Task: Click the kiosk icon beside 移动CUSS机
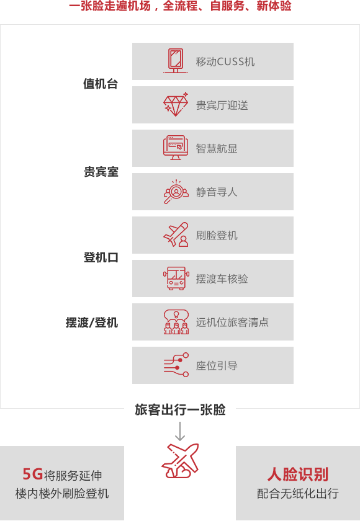coord(176,61)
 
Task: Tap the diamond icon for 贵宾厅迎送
coord(176,104)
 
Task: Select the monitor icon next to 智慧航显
coord(176,148)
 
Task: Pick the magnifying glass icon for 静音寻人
coord(176,192)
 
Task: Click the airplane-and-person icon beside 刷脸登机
coord(176,234)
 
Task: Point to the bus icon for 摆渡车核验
coord(176,278)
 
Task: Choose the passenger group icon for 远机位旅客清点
coord(176,322)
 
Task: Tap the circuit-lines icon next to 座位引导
coord(176,365)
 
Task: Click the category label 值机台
coord(101,84)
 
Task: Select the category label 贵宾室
coord(101,172)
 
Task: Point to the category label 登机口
coord(101,257)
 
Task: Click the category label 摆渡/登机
coord(92,323)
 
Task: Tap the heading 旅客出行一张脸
coord(180,410)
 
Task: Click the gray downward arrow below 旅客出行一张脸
coord(180,431)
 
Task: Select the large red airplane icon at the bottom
coord(180,461)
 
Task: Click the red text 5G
coord(32,474)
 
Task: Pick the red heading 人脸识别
coord(298,474)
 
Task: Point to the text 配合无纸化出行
coord(298,494)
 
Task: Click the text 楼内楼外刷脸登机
coord(62,494)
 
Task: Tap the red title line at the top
coord(180,6)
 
